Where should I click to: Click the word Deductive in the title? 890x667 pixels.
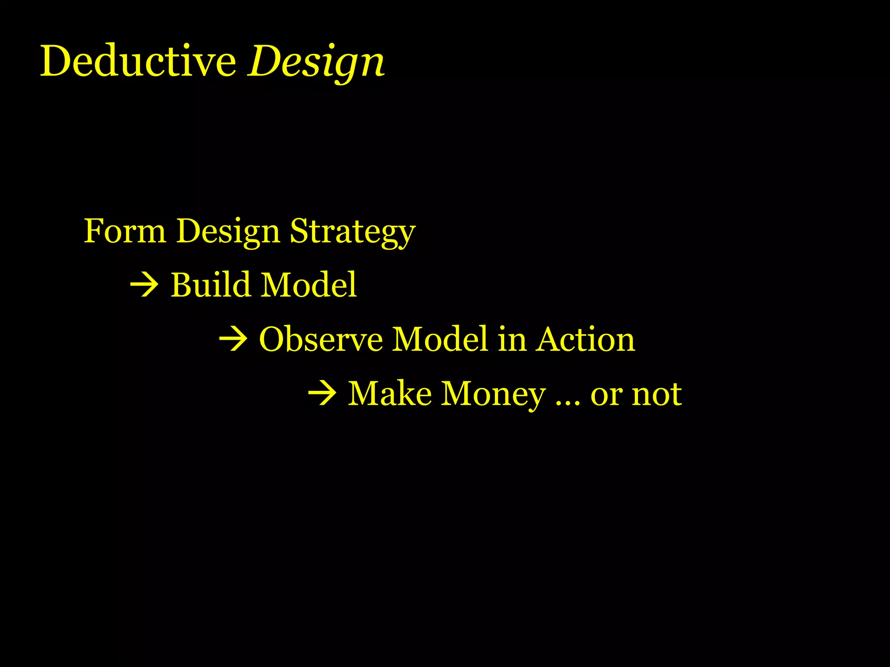[138, 61]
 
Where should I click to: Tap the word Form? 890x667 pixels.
[125, 231]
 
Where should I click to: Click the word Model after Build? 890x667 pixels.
[309, 285]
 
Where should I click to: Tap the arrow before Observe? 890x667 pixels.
[233, 340]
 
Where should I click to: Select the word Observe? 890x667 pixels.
[321, 339]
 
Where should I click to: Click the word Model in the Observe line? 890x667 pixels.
[440, 339]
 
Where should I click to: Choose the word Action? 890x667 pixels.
[585, 339]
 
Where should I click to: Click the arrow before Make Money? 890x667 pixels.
[322, 394]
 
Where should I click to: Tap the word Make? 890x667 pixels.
[390, 394]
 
